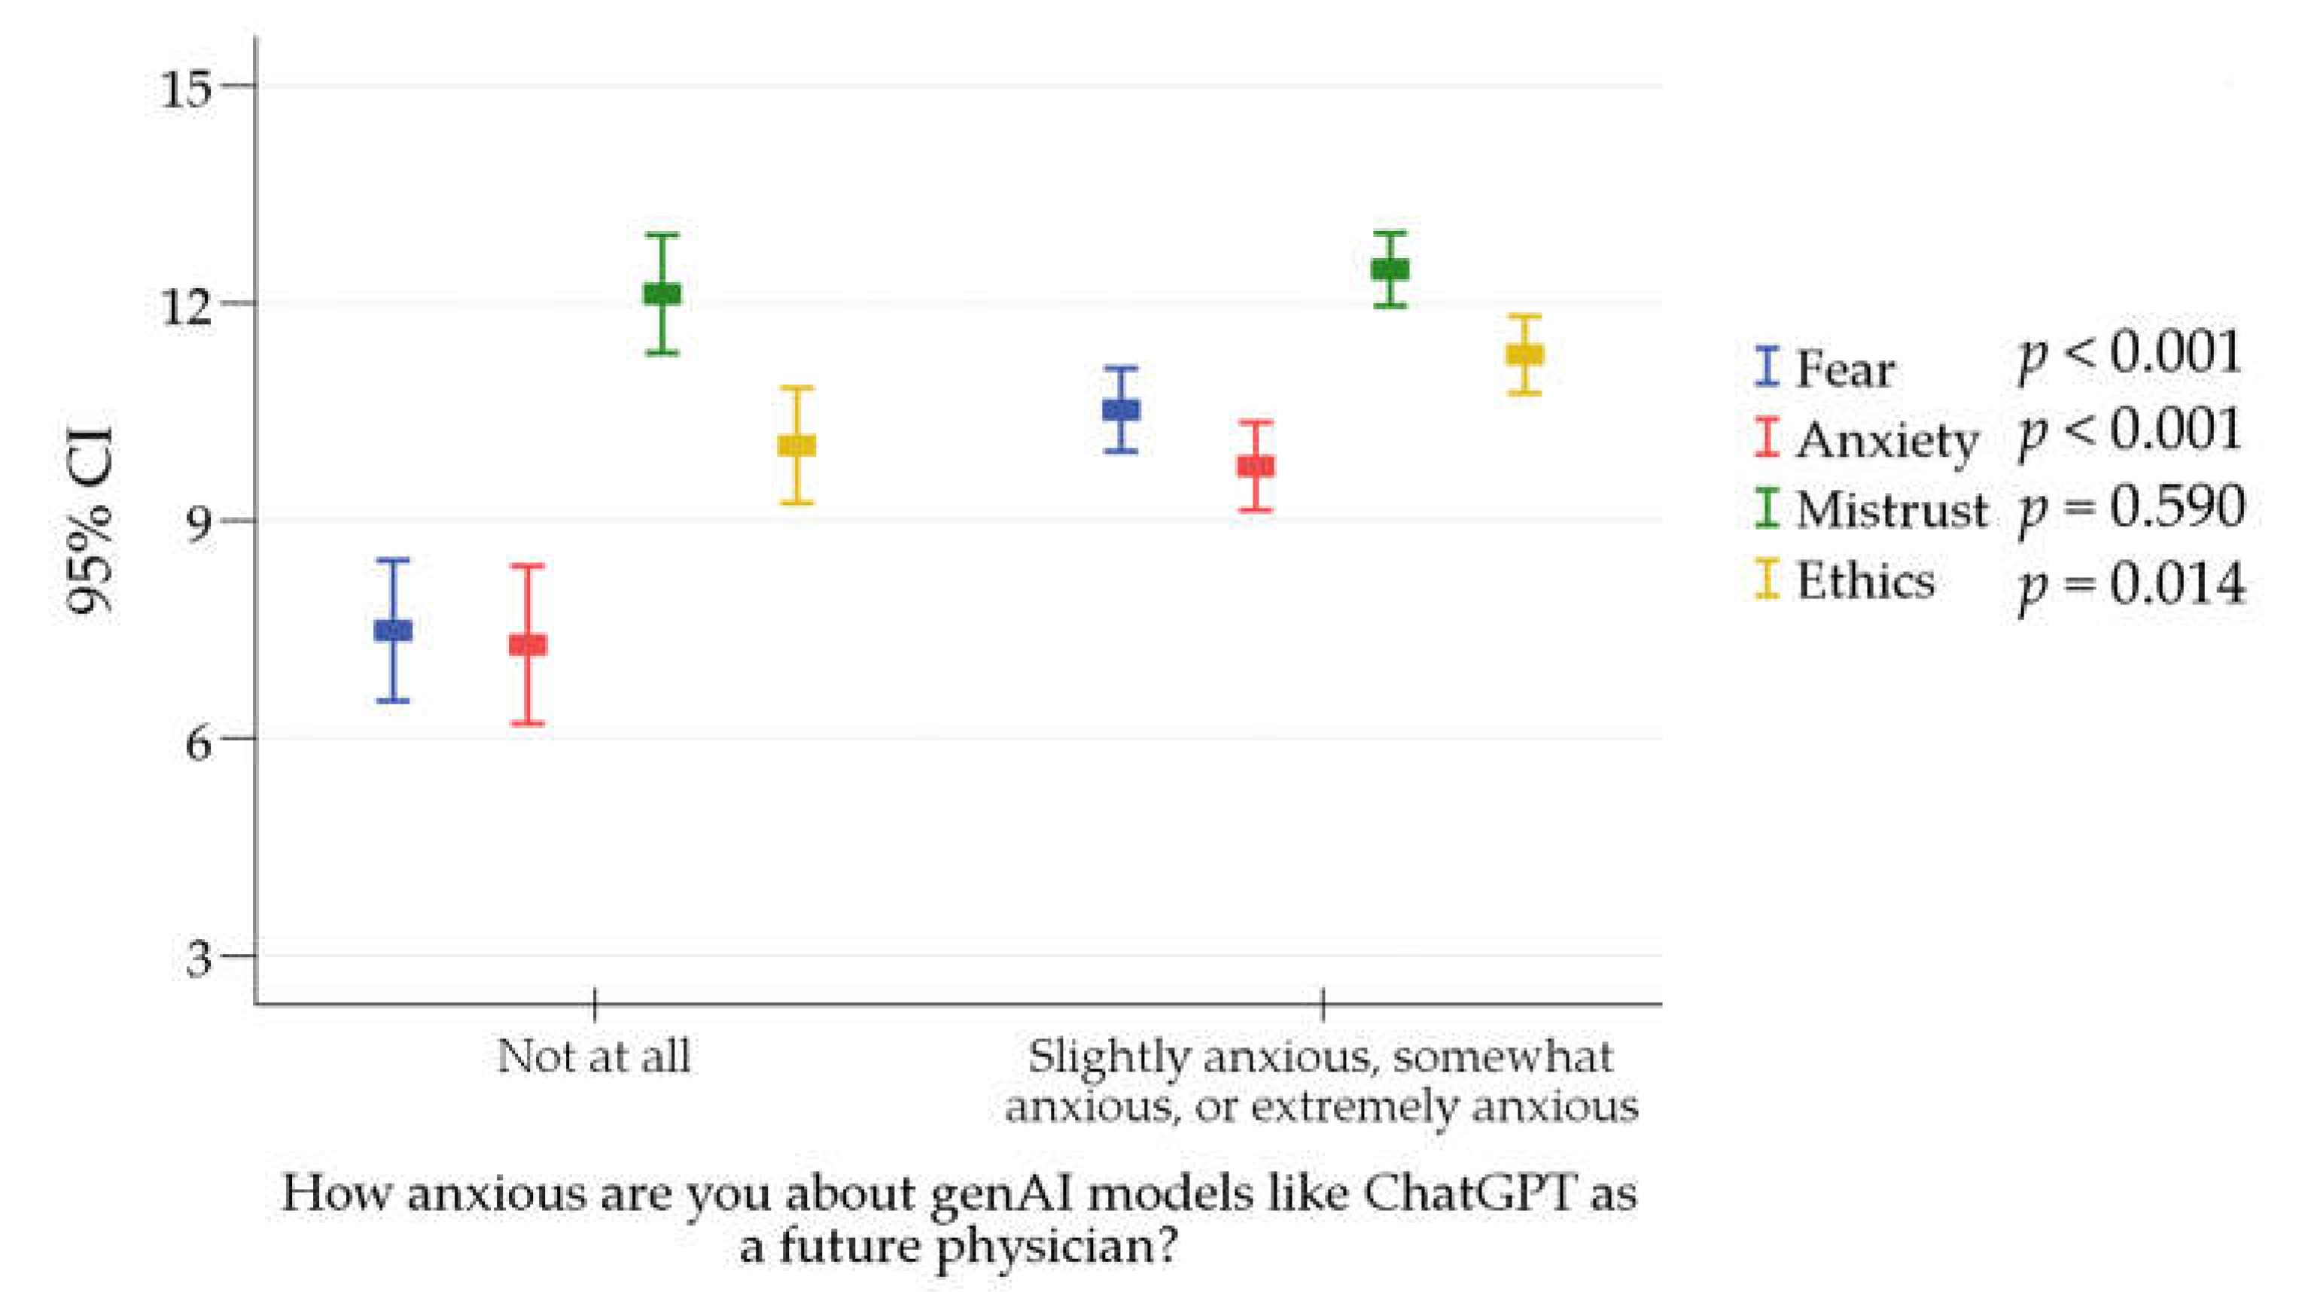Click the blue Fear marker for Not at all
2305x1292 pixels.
(x=393, y=630)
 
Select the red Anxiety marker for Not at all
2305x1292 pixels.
(x=528, y=644)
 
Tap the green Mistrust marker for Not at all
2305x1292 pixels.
(x=662, y=293)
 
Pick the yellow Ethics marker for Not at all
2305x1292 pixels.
(x=796, y=445)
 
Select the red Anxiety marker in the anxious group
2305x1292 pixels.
(x=1256, y=466)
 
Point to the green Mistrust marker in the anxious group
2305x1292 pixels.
(x=1390, y=269)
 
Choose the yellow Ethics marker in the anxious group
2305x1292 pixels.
(x=1524, y=354)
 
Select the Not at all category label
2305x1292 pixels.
(x=593, y=1057)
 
